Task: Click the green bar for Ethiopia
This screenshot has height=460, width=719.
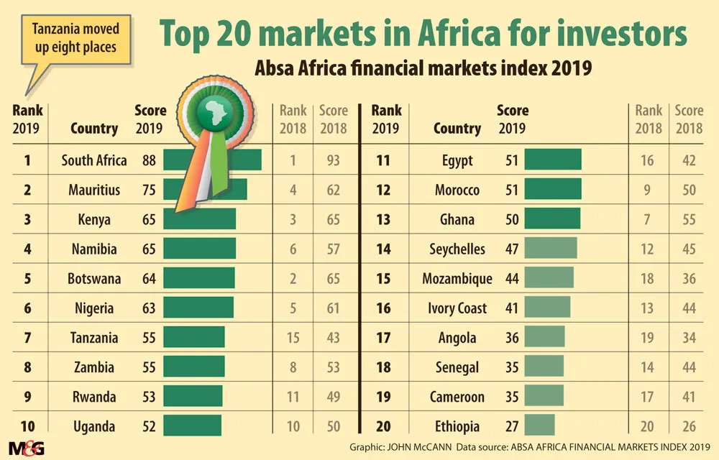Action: pyautogui.click(x=539, y=426)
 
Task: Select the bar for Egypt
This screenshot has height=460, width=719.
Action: pyautogui.click(x=552, y=160)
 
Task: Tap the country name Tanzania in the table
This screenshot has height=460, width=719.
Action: pyautogui.click(x=94, y=338)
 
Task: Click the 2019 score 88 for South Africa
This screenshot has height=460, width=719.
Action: pyautogui.click(x=149, y=160)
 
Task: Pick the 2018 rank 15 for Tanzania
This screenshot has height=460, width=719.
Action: pyautogui.click(x=293, y=338)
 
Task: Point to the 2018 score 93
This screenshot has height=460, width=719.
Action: pyautogui.click(x=332, y=160)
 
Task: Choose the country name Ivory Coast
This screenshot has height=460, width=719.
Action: pyautogui.click(x=457, y=308)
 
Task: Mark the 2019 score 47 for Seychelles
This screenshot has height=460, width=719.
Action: pyautogui.click(x=511, y=249)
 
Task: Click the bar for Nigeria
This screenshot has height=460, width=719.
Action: pyautogui.click(x=198, y=308)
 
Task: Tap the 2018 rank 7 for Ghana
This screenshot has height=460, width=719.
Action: pyautogui.click(x=649, y=219)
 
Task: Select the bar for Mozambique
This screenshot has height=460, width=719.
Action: pyautogui.click(x=549, y=279)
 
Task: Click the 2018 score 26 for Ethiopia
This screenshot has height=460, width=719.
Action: pyautogui.click(x=689, y=426)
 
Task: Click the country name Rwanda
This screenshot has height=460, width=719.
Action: pyautogui.click(x=94, y=397)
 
